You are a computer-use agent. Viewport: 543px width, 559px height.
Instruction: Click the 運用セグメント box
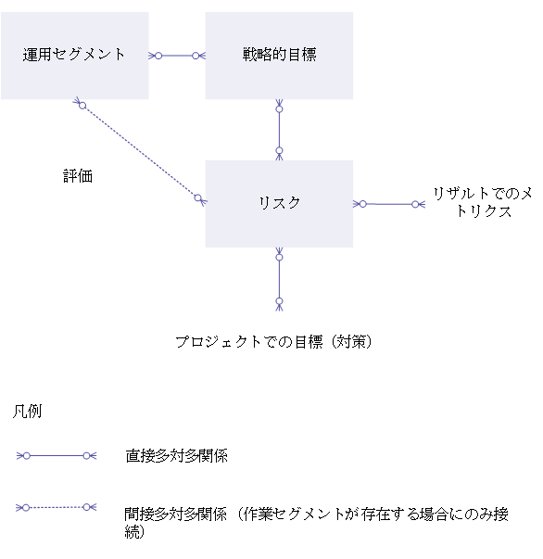click(75, 56)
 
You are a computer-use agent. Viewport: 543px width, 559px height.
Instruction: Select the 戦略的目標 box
click(279, 56)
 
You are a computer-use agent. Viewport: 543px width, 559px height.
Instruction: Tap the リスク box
click(279, 204)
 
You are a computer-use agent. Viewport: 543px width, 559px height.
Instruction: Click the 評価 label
click(78, 176)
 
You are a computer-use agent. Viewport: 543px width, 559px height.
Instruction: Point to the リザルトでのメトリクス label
click(483, 202)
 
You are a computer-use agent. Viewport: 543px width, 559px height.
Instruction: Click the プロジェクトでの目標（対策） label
click(273, 342)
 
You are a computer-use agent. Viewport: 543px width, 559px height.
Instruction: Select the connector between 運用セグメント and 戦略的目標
click(177, 56)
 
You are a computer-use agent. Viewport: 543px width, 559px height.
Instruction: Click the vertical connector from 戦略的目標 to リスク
click(279, 130)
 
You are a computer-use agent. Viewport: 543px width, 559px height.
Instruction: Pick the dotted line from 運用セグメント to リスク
click(140, 151)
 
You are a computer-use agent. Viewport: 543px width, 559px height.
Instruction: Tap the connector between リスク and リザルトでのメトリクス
click(389, 204)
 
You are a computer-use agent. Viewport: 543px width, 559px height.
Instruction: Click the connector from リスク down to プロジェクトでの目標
click(279, 279)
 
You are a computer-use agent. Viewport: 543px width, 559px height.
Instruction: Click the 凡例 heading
click(28, 412)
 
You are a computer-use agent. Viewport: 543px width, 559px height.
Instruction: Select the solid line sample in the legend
click(57, 455)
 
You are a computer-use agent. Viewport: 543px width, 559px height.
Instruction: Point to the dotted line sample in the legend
click(57, 507)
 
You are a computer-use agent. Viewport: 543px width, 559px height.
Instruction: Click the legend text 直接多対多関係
click(176, 456)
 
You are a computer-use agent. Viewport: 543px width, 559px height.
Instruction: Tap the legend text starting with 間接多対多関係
click(316, 523)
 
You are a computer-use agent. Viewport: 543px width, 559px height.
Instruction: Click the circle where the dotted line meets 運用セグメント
click(82, 106)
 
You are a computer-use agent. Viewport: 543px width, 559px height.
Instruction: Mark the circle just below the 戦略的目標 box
click(279, 109)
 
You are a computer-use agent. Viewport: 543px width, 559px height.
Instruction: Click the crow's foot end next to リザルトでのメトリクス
click(423, 204)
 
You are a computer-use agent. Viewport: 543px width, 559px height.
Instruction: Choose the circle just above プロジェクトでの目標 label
click(279, 301)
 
